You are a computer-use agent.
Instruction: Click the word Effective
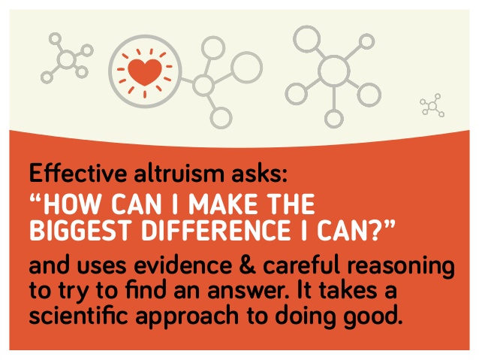click(x=78, y=173)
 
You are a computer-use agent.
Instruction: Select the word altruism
click(x=179, y=173)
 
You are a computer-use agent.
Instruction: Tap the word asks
click(x=259, y=173)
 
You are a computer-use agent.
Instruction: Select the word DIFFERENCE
click(x=216, y=230)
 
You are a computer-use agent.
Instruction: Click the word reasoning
click(x=401, y=267)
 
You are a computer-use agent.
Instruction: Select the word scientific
click(x=79, y=315)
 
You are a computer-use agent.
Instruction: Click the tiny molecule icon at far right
click(x=432, y=105)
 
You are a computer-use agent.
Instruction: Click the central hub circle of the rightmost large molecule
click(x=333, y=71)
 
